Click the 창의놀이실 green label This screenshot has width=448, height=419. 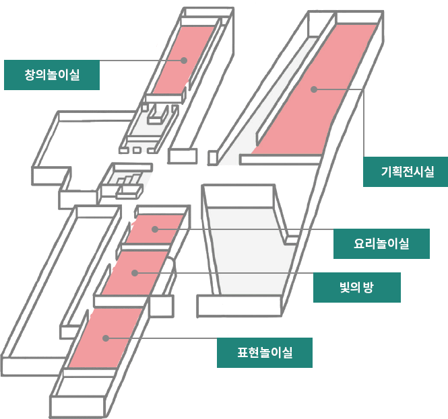[x=52, y=75]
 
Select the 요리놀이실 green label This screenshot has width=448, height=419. [x=381, y=243]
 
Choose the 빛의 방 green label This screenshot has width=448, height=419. [x=357, y=287]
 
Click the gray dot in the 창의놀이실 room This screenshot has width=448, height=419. [x=183, y=61]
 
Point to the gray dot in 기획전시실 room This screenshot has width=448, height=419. [x=313, y=89]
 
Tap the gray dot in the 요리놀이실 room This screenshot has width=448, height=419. [x=155, y=229]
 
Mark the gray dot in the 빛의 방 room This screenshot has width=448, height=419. [x=135, y=272]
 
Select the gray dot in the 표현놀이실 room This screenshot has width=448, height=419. [x=104, y=338]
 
